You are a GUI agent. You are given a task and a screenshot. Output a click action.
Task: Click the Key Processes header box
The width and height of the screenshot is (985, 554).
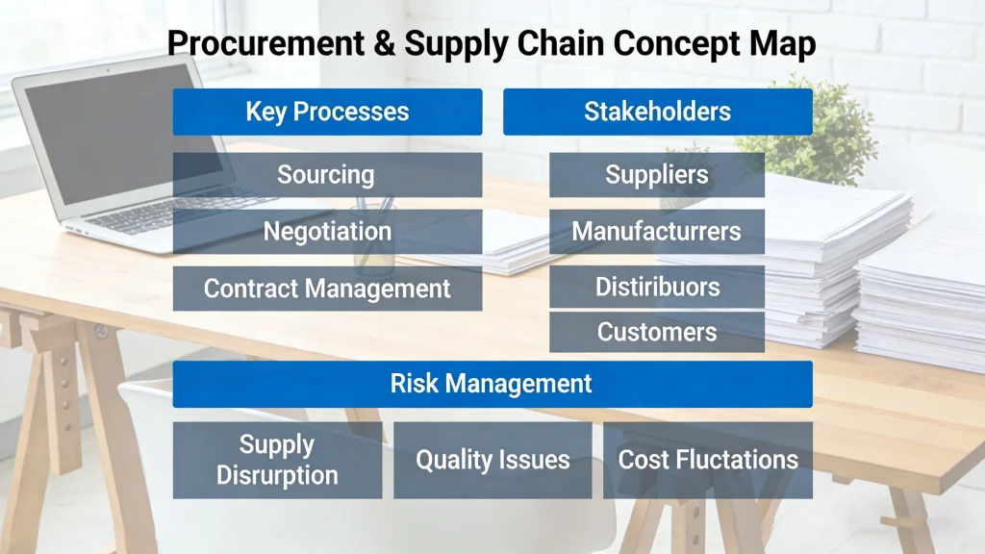coord(327,112)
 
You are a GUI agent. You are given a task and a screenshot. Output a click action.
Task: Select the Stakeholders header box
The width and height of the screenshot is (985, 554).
coord(657,112)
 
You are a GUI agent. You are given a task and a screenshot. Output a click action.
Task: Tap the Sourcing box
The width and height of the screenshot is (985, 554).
coord(327,175)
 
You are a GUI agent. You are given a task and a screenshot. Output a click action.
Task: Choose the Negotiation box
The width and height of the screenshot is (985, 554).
coord(327,232)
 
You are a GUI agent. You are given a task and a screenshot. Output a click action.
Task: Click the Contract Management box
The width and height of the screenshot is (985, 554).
coord(327,289)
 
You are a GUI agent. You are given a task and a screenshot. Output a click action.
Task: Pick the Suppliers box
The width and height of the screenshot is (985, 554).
coord(657,175)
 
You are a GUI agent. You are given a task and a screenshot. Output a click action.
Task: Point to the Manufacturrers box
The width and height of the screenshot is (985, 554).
coord(657,232)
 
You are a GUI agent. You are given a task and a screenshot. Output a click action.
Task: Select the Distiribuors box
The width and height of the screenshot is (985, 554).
coord(657,287)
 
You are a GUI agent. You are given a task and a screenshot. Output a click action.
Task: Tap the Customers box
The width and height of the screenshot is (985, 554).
coord(657,332)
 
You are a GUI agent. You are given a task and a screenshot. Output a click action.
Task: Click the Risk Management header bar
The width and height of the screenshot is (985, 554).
coord(492,384)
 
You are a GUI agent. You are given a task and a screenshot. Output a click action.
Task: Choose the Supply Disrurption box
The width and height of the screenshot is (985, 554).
coord(277,460)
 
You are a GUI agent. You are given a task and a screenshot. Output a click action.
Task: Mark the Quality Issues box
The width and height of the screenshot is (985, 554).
coord(492,460)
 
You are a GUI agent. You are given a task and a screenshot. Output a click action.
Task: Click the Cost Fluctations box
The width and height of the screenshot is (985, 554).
coord(708,460)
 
